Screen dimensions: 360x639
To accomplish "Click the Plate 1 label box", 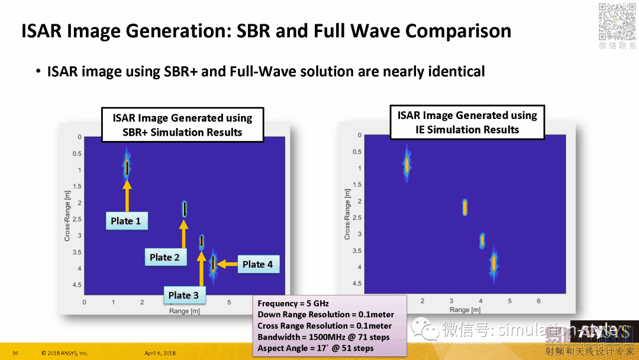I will pyautogui.click(x=126, y=221).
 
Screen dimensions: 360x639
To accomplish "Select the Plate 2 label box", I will pyautogui.click(x=164, y=257).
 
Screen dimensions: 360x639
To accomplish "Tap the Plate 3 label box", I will pyautogui.click(x=183, y=295).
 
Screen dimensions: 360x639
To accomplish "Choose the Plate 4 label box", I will pyautogui.click(x=257, y=264).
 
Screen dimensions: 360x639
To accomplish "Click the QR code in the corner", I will pyautogui.click(x=617, y=22).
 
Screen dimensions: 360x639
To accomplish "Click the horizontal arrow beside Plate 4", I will pyautogui.click(x=228, y=264).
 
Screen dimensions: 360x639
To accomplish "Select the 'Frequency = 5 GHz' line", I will pyautogui.click(x=293, y=303).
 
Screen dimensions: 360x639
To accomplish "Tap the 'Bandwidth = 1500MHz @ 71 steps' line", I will pyautogui.click(x=324, y=337).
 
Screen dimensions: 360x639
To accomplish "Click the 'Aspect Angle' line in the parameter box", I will pyautogui.click(x=315, y=348).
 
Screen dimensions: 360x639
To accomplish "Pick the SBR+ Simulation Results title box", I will pyautogui.click(x=182, y=125).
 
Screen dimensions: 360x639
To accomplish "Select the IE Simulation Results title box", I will pyautogui.click(x=467, y=123).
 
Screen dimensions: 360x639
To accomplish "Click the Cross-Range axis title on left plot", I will pyautogui.click(x=67, y=216).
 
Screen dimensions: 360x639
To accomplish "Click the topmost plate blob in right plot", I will pyautogui.click(x=406, y=165).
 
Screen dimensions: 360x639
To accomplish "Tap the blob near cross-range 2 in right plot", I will pyautogui.click(x=465, y=207).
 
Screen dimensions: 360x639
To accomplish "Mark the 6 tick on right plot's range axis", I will pyautogui.click(x=538, y=301).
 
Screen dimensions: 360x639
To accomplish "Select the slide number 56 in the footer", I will pyautogui.click(x=15, y=353).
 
